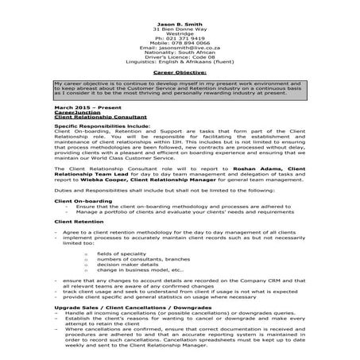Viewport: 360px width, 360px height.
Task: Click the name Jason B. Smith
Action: [179, 25]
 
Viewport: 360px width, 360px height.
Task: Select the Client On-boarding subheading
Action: [79, 202]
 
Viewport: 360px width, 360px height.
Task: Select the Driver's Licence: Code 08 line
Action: [180, 58]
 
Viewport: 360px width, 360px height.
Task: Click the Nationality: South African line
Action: [180, 52]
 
